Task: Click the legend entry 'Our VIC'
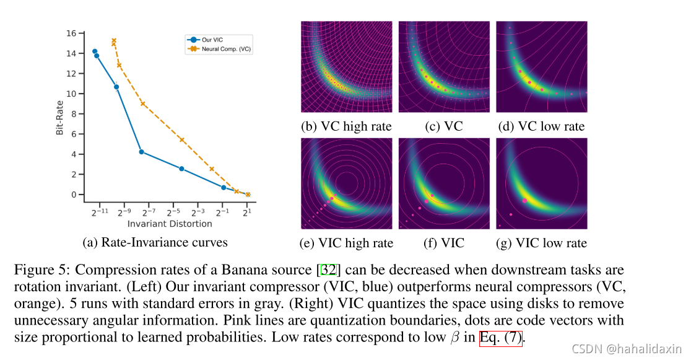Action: pyautogui.click(x=212, y=40)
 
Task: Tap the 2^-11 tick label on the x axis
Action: pyautogui.click(x=100, y=212)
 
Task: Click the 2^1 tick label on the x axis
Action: pyautogui.click(x=248, y=212)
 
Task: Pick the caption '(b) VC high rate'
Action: pyautogui.click(x=346, y=126)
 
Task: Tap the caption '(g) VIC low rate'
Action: pyautogui.click(x=542, y=243)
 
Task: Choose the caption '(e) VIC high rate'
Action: pyautogui.click(x=346, y=243)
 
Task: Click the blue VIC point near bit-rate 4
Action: pyautogui.click(x=142, y=152)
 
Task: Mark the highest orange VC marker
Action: pyautogui.click(x=114, y=41)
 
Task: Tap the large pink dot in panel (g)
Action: pyautogui.click(x=525, y=200)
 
